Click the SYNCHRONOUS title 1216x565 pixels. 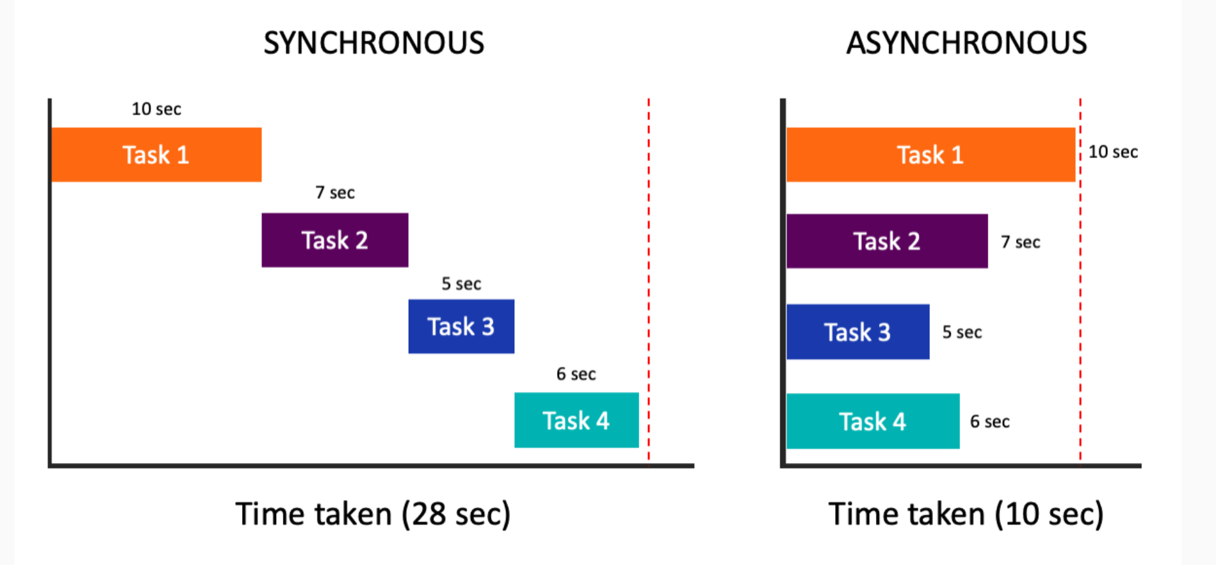(373, 43)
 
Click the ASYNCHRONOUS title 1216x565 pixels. (966, 43)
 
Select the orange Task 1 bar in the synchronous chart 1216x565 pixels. (156, 155)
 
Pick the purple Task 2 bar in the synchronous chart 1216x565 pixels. (334, 240)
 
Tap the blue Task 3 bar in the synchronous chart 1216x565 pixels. (461, 327)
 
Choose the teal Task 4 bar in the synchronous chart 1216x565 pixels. (576, 420)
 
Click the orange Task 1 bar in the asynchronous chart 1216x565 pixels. (930, 155)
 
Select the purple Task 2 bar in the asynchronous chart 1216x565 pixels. (887, 241)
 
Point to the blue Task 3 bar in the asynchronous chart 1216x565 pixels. (858, 332)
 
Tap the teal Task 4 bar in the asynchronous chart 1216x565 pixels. (873, 421)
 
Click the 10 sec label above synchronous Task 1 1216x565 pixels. (156, 109)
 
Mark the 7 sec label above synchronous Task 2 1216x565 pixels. (334, 193)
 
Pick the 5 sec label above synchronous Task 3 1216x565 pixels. (461, 284)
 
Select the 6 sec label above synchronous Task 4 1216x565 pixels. (576, 374)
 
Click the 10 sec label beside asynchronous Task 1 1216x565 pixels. (1113, 152)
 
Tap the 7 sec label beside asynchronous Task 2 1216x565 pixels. (1020, 242)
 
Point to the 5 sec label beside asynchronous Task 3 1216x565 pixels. (962, 332)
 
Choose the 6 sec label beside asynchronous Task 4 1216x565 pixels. (990, 422)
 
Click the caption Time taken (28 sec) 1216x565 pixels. (373, 514)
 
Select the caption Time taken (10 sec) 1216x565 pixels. (966, 514)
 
